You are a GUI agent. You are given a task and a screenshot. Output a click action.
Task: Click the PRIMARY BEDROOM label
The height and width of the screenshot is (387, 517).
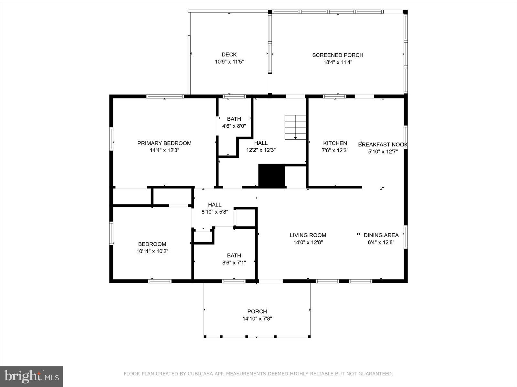tap(164, 143)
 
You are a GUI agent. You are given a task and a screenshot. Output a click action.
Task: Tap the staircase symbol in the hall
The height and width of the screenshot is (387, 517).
tap(295, 127)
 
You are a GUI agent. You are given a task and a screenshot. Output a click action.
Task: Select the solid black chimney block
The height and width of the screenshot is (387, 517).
tap(271, 175)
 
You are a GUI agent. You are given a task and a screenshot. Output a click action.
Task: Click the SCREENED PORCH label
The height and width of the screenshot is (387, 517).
tap(338, 55)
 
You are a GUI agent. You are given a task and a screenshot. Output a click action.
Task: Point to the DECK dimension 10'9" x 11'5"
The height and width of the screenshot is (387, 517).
tap(229, 62)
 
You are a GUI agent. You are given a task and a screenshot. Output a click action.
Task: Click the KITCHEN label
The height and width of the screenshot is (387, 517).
tap(335, 143)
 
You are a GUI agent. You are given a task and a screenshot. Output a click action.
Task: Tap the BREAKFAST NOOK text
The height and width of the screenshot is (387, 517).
tap(383, 144)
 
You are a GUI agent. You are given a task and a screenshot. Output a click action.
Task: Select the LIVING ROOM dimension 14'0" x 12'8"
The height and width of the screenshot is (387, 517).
tap(308, 243)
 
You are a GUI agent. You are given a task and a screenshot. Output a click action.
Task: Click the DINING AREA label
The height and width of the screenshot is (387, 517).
tap(381, 235)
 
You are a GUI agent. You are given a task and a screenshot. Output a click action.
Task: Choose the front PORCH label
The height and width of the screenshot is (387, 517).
tap(257, 312)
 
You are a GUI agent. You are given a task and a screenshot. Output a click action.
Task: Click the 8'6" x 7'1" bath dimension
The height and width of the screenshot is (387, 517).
tap(234, 263)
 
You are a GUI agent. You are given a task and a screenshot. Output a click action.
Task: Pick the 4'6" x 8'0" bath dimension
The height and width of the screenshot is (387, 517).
tap(234, 126)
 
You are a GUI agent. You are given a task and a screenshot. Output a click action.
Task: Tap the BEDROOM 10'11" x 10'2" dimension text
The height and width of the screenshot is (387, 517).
tap(152, 251)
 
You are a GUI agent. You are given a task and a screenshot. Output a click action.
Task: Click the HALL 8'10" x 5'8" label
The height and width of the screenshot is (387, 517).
tap(215, 204)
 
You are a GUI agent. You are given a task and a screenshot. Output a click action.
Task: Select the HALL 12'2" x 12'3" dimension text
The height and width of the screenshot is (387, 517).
tap(261, 150)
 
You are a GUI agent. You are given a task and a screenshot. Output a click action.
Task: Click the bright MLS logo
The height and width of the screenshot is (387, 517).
tap(31, 376)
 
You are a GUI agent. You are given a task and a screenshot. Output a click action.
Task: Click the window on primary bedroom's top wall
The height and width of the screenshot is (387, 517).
tap(165, 96)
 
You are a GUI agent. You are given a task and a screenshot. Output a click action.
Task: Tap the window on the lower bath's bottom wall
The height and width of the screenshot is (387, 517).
tap(234, 281)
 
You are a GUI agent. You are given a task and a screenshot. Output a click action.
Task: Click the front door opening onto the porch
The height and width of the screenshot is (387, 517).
tap(271, 281)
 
